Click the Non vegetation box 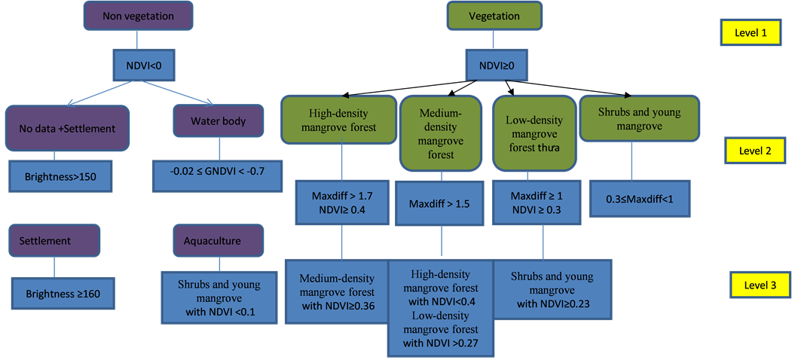click(x=137, y=16)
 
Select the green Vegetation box click(x=494, y=16)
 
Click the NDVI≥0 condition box click(x=497, y=66)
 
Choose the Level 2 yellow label click(x=754, y=151)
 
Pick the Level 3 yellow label click(x=759, y=285)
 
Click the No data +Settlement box click(x=68, y=128)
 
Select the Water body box click(x=218, y=121)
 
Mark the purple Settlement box click(x=54, y=241)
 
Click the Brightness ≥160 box click(x=63, y=293)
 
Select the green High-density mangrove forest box click(x=338, y=119)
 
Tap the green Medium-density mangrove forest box click(x=441, y=133)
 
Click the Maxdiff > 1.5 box click(x=440, y=204)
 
